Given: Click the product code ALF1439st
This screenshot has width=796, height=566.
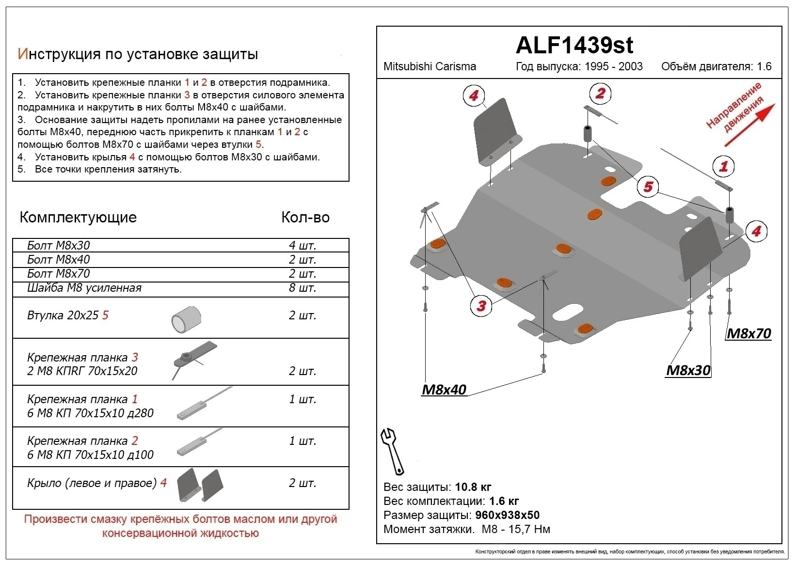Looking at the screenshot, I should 574,46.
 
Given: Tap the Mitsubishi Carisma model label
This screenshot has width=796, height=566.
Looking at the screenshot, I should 430,66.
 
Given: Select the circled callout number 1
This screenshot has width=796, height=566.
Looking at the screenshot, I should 723,167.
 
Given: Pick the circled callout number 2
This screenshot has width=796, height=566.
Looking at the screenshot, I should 600,93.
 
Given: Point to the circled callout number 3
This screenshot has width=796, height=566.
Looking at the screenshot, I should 481,305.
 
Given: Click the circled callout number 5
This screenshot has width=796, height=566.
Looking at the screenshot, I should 648,187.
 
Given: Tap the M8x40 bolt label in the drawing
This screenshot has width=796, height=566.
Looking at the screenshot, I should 444,389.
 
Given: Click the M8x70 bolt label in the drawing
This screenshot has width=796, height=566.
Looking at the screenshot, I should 748,333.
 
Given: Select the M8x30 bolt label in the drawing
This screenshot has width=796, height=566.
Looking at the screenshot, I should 688,370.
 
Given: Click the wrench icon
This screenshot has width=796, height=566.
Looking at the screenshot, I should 392,451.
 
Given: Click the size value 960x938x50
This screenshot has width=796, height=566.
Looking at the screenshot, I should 507,515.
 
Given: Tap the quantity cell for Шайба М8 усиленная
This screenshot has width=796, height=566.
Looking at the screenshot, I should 302,288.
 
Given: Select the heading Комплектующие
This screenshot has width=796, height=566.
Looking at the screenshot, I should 78,217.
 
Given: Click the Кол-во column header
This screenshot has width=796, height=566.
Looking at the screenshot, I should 305,217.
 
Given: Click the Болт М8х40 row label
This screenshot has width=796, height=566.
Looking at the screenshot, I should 59,260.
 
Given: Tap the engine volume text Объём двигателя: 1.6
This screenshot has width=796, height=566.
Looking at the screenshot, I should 716,66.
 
